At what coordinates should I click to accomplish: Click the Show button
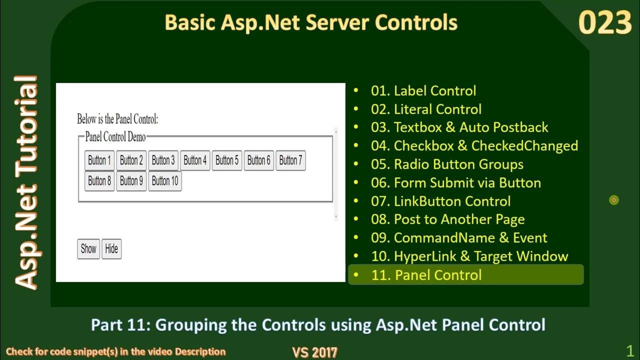point(88,249)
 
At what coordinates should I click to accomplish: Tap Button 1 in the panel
point(99,160)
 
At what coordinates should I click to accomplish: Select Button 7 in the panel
point(290,160)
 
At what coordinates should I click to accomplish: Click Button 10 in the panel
point(164,181)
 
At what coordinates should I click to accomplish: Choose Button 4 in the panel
point(195,160)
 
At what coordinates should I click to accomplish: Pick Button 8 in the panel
point(99,181)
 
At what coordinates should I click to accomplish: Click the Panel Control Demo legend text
point(115,137)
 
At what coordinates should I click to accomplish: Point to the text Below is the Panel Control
point(117,119)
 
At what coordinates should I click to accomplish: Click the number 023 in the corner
point(604,23)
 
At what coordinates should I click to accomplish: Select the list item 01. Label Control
point(423,91)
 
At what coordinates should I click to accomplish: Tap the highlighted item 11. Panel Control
point(426,275)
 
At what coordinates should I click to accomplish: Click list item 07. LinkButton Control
point(440,201)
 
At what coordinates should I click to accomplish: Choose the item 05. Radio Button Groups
point(447,164)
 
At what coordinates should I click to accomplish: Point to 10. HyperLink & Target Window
point(469,256)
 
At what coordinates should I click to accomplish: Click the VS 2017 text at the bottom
point(314,352)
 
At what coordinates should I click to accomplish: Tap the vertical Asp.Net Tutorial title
point(26,182)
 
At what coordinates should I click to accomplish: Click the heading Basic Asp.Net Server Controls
point(310,22)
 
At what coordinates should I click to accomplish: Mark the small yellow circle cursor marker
point(614,200)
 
